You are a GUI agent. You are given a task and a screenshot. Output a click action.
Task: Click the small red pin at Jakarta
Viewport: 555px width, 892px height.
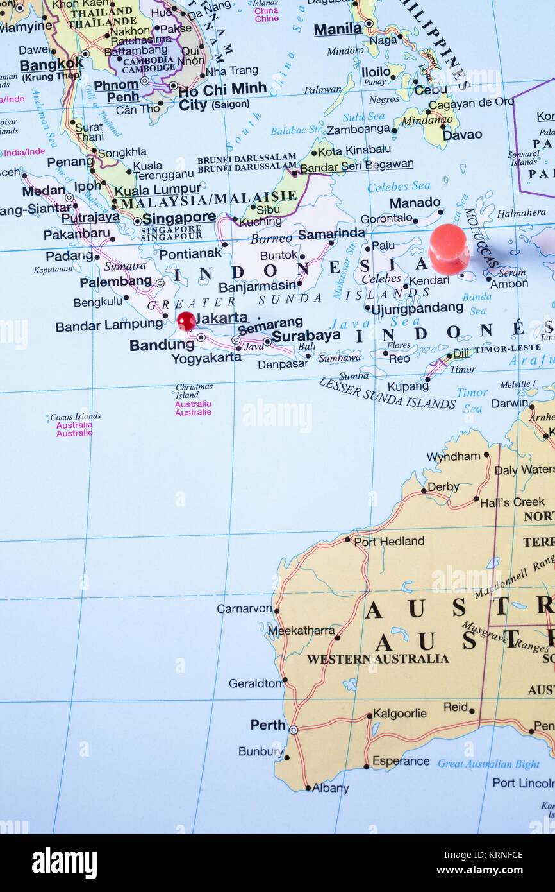coord(186,321)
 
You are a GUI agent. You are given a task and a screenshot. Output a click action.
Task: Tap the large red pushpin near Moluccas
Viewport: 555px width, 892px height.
coord(448,248)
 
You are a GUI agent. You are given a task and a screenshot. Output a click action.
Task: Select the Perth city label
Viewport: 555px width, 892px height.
coord(268,725)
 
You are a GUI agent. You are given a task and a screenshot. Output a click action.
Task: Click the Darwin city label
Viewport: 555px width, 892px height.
coord(509,404)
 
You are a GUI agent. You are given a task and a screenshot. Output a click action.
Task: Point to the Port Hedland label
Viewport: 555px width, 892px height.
coord(389,542)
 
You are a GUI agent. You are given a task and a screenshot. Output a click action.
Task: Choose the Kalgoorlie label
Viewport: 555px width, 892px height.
coord(400,714)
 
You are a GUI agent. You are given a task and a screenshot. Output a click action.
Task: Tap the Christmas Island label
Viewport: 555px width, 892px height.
coord(194,391)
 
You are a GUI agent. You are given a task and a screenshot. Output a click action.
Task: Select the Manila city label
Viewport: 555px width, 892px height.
coord(338,29)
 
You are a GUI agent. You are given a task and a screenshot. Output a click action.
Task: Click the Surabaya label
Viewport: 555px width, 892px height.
coord(306,336)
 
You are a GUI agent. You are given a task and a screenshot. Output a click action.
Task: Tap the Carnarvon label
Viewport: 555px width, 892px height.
coord(244,608)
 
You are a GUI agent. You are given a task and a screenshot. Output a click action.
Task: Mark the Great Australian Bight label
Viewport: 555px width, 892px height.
coord(488,764)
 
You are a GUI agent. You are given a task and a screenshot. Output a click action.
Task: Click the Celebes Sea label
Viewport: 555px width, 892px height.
coord(399,186)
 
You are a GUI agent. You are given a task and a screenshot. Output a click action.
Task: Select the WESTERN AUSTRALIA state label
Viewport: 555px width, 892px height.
coord(377,659)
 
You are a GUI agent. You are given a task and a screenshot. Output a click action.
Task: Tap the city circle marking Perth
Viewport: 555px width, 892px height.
coord(293,730)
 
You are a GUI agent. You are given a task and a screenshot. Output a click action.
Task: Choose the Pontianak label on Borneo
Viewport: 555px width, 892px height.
coord(190,254)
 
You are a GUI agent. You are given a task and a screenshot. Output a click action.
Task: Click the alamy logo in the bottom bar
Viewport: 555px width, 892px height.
coord(65,862)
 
